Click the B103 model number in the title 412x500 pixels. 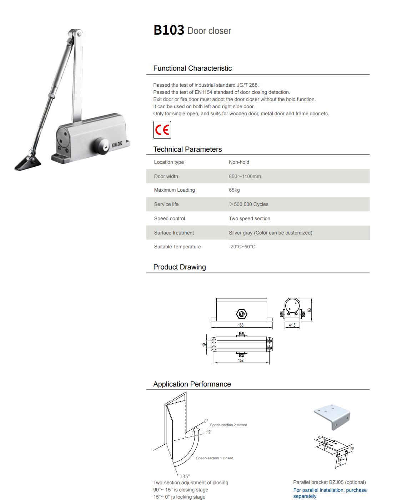[169, 30]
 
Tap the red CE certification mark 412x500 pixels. [162, 130]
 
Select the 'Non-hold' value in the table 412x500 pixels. [239, 162]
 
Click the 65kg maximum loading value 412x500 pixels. [234, 190]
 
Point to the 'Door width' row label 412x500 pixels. [166, 176]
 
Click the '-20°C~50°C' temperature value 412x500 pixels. [242, 247]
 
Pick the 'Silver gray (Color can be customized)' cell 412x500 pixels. [270, 233]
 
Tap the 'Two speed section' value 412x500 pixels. [250, 218]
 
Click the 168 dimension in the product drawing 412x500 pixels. [241, 325]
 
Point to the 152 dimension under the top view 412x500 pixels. [241, 360]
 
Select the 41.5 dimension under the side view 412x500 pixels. [292, 325]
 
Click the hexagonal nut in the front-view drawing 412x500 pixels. [242, 314]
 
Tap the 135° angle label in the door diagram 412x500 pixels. [185, 476]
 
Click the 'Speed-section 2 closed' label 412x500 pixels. [228, 425]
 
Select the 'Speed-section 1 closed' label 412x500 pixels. [215, 458]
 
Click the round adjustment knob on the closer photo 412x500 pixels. [101, 146]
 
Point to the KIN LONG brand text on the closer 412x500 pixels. [117, 144]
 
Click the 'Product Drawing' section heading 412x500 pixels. [180, 267]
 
